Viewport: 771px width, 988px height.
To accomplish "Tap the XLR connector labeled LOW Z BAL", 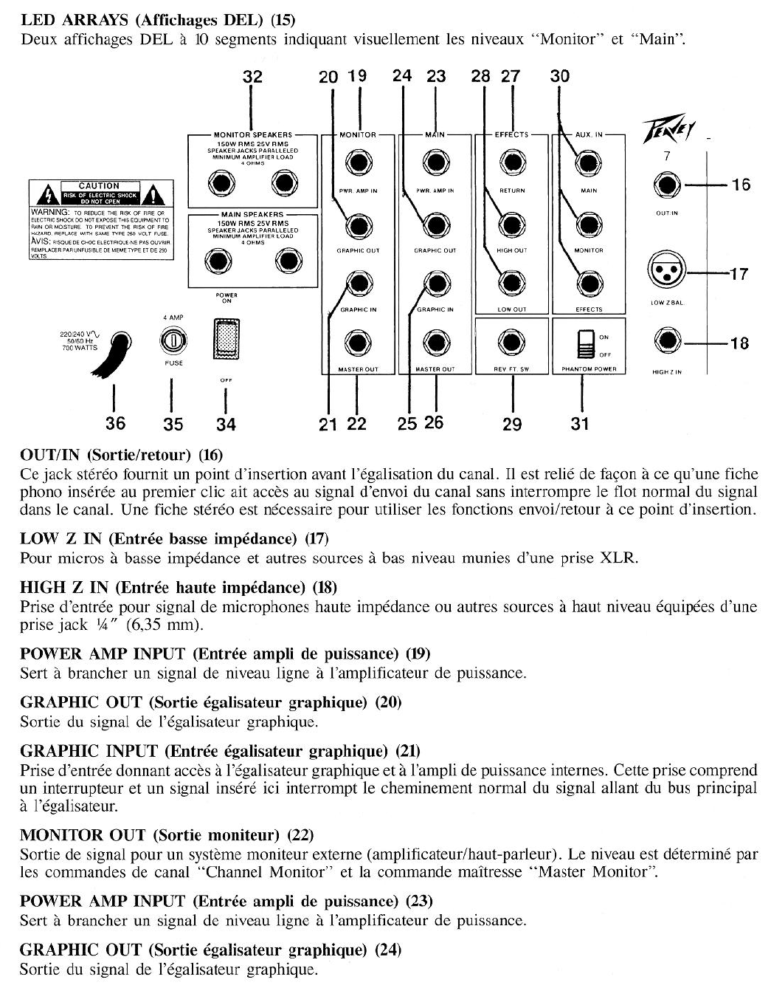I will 666,272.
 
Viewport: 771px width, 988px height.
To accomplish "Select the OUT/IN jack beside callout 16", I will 667,185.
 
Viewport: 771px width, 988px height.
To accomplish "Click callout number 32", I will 252,77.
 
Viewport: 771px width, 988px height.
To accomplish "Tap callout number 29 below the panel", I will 512,424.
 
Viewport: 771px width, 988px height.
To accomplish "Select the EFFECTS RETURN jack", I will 511,163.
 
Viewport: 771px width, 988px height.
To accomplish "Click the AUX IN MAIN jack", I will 588,163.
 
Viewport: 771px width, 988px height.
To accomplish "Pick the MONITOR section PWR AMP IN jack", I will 359,163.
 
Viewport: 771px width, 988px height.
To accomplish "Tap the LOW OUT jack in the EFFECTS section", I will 511,283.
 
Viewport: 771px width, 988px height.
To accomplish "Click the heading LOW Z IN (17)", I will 174,538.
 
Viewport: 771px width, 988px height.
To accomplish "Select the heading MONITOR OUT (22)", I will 167,835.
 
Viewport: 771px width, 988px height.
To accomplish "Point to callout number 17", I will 739,275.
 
